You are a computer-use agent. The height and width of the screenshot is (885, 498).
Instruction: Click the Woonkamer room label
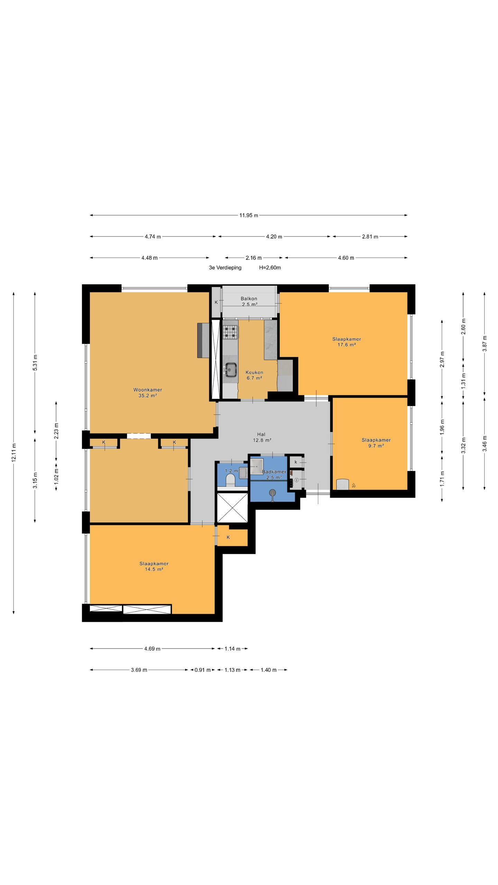click(x=148, y=390)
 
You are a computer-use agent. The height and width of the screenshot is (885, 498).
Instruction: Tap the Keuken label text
click(x=254, y=372)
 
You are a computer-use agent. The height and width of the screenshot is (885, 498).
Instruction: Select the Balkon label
click(x=249, y=299)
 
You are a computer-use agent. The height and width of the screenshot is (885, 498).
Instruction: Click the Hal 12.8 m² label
click(x=261, y=437)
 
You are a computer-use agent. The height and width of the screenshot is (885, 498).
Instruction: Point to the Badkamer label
click(x=274, y=472)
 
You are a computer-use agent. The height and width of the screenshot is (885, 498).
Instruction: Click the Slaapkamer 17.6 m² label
click(x=347, y=342)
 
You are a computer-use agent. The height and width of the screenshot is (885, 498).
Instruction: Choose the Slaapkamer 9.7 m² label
click(x=376, y=443)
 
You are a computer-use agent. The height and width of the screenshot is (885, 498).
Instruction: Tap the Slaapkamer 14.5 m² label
click(x=154, y=566)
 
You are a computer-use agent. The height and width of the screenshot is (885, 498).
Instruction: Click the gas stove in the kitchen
click(x=230, y=332)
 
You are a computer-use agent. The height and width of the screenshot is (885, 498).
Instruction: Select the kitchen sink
click(x=230, y=370)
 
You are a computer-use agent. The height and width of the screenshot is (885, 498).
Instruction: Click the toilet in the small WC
click(x=230, y=480)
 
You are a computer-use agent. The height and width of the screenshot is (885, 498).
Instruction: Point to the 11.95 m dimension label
click(x=249, y=215)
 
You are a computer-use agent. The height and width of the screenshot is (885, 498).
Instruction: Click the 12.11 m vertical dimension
click(x=14, y=453)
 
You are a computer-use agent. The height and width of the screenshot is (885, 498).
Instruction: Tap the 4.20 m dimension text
click(x=274, y=237)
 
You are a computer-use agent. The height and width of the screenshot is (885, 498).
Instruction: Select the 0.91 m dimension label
click(x=202, y=670)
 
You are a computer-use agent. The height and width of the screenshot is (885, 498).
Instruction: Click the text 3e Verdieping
click(x=225, y=268)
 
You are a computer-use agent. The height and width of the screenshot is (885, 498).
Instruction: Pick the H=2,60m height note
click(x=270, y=268)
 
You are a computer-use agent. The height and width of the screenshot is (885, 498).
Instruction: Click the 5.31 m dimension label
click(x=35, y=363)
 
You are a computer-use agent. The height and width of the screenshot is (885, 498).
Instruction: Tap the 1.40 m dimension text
click(x=268, y=670)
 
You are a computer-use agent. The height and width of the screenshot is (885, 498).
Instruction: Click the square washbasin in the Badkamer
click(x=257, y=466)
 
